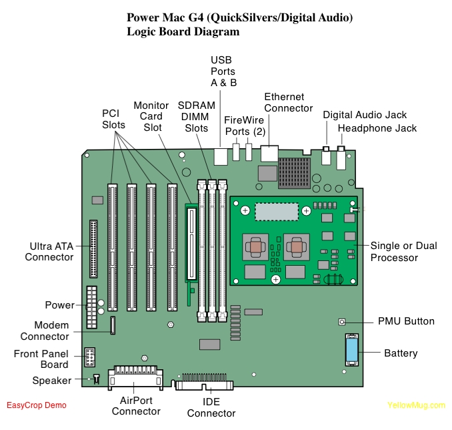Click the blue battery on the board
point(351,351)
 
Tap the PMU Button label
point(406,321)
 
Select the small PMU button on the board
point(342,322)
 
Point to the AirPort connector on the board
point(137,377)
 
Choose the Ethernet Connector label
point(288,102)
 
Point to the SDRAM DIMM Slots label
point(197,116)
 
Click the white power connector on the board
point(91,305)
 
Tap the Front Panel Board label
point(41,359)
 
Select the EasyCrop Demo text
point(37,405)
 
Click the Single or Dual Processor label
point(404,252)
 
